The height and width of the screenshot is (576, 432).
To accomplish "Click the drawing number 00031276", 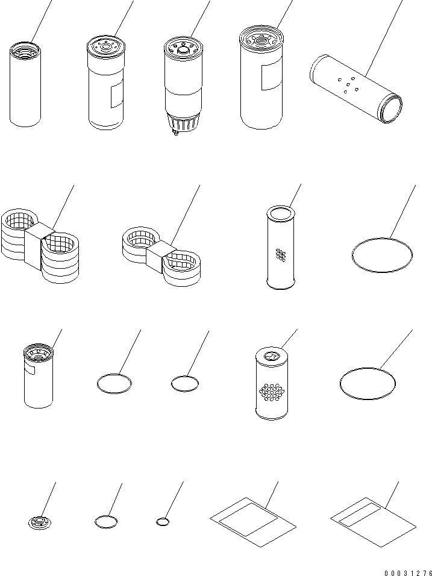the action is [408, 573].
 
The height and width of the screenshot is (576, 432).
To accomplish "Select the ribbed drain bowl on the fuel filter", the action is [183, 121].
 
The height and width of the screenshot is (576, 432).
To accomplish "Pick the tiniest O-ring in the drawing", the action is [162, 521].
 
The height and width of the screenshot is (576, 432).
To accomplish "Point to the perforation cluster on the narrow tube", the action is [281, 255].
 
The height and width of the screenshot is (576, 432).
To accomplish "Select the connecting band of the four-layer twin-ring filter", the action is [39, 243].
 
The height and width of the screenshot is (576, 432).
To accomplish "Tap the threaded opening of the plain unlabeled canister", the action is [25, 51].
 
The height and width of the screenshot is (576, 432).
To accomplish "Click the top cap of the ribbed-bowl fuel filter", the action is [183, 46].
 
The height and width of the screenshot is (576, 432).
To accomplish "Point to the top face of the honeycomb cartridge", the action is [272, 356].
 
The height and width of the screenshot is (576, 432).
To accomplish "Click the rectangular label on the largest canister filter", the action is [272, 77].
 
